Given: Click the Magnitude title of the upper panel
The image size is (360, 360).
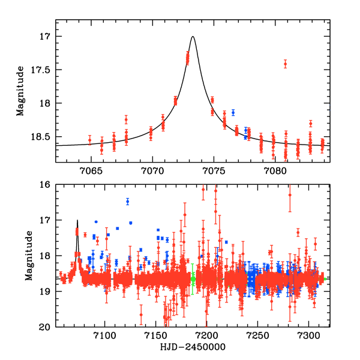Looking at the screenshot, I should (x=20, y=91).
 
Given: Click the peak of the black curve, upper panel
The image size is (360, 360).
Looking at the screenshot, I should (x=193, y=37).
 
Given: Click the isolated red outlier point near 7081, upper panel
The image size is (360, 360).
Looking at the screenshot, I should (x=285, y=64).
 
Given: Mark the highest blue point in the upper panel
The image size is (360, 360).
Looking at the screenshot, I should (x=233, y=112).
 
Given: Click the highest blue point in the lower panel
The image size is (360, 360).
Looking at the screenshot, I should (x=127, y=201).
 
